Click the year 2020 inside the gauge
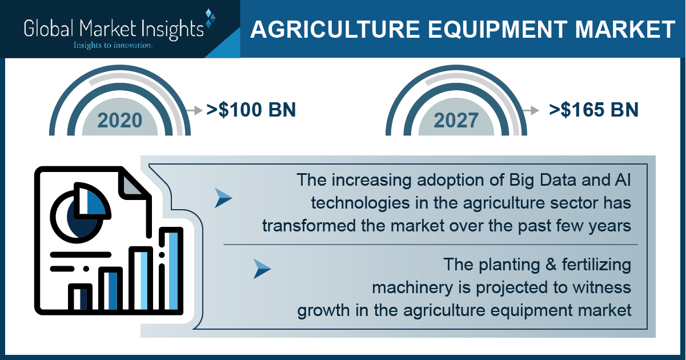[x=120, y=121]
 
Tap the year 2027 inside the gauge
[x=456, y=121]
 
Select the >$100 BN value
[x=251, y=110]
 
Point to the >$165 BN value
[x=593, y=110]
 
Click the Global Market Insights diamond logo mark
[x=210, y=18]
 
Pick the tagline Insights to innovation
[x=113, y=45]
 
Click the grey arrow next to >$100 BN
[x=194, y=110]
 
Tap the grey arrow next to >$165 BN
[x=531, y=110]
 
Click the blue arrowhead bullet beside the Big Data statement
[x=223, y=198]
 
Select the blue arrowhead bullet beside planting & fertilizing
[x=262, y=269]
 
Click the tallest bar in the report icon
[x=171, y=270]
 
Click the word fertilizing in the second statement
[x=596, y=265]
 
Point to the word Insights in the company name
[x=172, y=29]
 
